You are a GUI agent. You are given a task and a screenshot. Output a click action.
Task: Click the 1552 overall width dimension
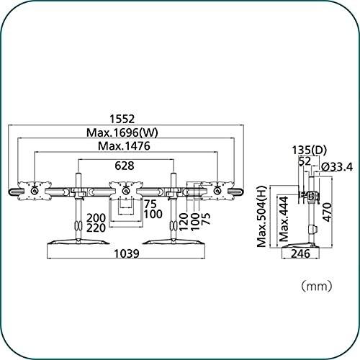pos(122,119)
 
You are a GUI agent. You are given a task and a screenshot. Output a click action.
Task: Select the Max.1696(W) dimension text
pos(122,132)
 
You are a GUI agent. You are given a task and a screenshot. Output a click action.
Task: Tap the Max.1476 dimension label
pos(124,146)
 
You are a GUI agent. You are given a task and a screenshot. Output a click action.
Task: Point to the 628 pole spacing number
pos(125,166)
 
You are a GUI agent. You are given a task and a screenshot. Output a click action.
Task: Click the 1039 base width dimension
pos(127,253)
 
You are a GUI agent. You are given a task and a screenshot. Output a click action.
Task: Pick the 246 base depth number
pos(300,253)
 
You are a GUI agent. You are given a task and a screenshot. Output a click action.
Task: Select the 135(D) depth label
pos(310,150)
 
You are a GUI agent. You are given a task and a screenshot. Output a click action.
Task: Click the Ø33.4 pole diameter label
pos(337,167)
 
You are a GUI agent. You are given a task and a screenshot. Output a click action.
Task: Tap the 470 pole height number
pos(328,212)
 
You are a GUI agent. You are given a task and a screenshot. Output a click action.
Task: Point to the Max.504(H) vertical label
pos(261,216)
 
